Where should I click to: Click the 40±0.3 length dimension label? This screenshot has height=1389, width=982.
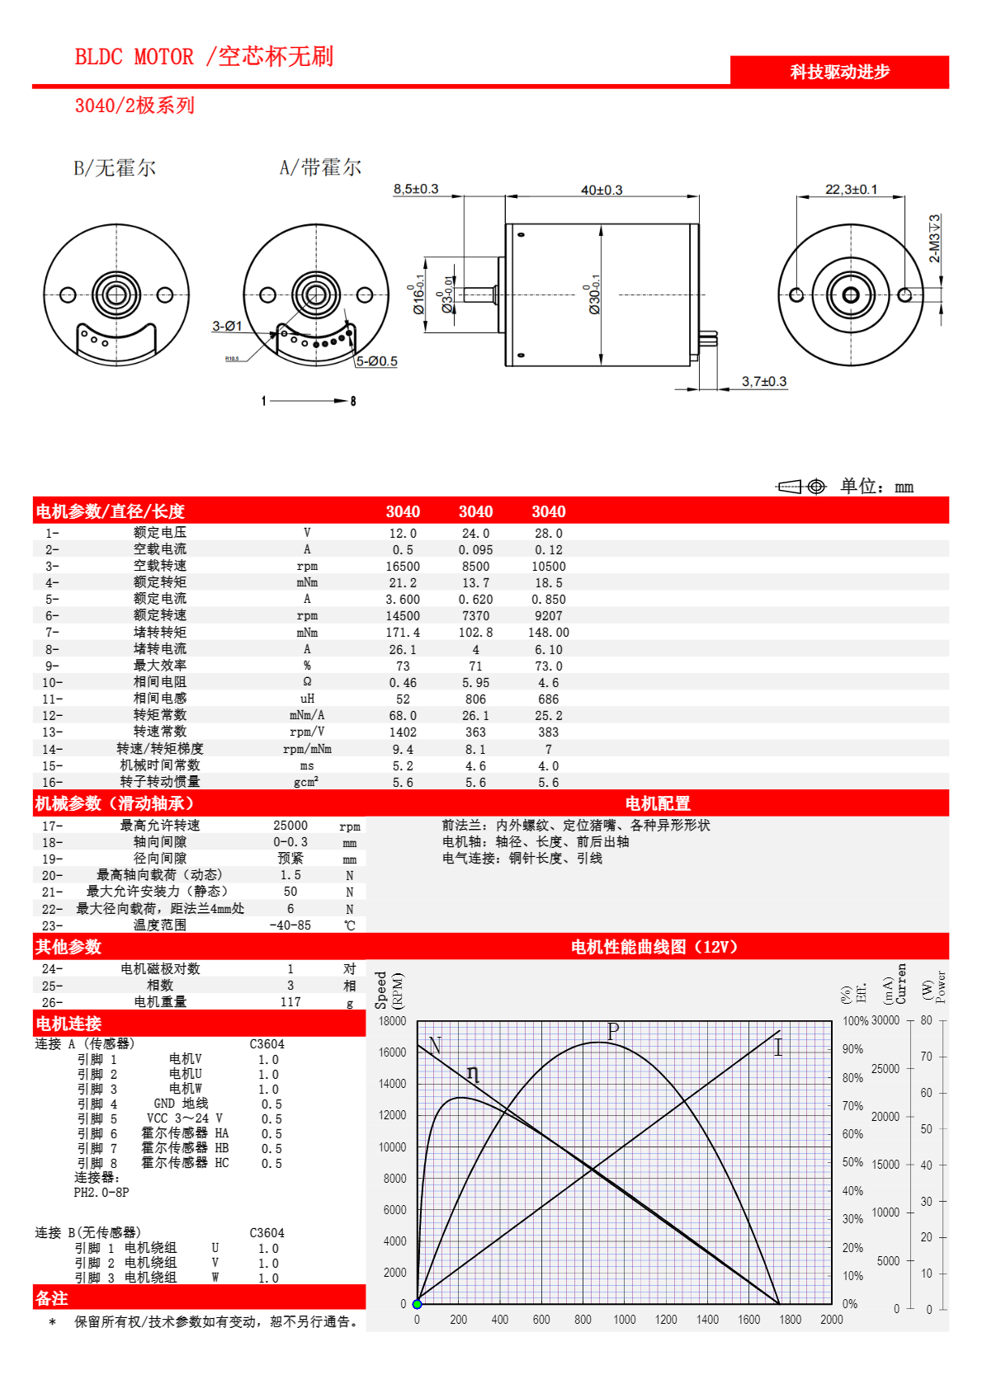[602, 191]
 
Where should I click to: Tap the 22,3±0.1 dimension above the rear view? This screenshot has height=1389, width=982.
[852, 190]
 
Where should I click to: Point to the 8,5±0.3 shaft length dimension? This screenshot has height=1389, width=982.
[416, 190]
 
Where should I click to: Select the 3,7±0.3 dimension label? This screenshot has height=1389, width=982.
[764, 382]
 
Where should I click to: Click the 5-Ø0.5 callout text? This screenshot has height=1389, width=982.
[377, 361]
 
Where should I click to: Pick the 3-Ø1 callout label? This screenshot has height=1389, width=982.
[227, 327]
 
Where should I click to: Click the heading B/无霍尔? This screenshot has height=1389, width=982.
[115, 168]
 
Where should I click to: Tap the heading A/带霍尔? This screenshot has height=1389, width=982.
[320, 167]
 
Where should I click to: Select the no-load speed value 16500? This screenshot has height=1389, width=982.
[403, 567]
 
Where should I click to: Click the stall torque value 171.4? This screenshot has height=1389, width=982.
[403, 633]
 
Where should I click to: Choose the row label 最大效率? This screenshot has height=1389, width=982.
[160, 666]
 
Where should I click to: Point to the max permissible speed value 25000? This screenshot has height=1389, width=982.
[290, 826]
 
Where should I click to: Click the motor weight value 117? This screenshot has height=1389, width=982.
[290, 1002]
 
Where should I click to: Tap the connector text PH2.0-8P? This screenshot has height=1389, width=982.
[102, 1193]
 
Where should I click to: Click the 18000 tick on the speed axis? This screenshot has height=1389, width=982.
[392, 1021]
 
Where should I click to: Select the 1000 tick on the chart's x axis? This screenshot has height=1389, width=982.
[625, 1320]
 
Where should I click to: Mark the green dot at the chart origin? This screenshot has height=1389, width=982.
[418, 1304]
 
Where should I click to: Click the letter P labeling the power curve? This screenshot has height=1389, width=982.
[613, 1031]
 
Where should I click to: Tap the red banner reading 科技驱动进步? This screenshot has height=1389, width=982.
[839, 72]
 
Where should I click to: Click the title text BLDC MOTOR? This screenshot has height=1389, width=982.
[135, 57]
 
